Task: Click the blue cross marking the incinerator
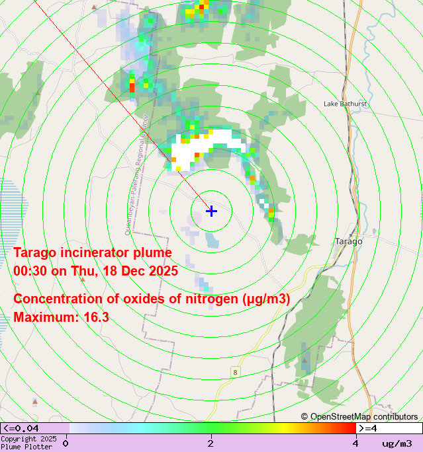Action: tap(211, 211)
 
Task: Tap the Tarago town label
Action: tap(349, 241)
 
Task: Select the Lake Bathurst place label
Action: tap(345, 104)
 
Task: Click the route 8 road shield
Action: tap(235, 373)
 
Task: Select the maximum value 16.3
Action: tap(96, 317)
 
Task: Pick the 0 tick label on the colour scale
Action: tap(66, 443)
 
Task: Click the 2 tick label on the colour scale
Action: tap(211, 443)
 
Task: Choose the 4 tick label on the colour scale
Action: tap(355, 443)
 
